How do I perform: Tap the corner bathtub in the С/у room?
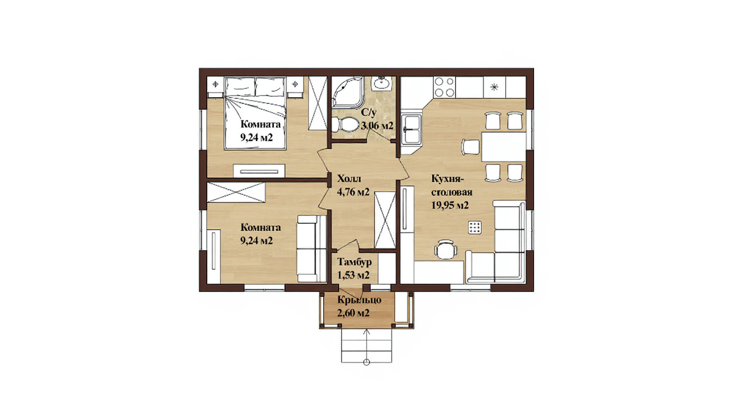pyautogui.click(x=346, y=92)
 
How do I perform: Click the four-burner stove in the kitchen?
pyautogui.click(x=445, y=87)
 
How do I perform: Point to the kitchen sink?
pyautogui.click(x=412, y=129)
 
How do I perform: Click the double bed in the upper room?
pyautogui.click(x=255, y=113)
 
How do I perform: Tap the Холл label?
pyautogui.click(x=349, y=179)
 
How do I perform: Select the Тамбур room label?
pyautogui.click(x=354, y=262)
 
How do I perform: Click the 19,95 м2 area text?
pyautogui.click(x=450, y=205)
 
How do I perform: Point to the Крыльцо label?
pyautogui.click(x=359, y=299)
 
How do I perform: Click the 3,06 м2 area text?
pyautogui.click(x=377, y=126)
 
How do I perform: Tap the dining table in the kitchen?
pyautogui.click(x=504, y=146)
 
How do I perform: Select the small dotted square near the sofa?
pyautogui.click(x=475, y=226)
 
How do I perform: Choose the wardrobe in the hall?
pyautogui.click(x=385, y=220)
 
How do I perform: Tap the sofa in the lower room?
pyautogui.click(x=312, y=248)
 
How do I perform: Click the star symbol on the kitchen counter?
pyautogui.click(x=494, y=87)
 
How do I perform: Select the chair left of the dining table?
pyautogui.click(x=470, y=147)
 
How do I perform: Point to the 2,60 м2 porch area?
pyautogui.click(x=353, y=313)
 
